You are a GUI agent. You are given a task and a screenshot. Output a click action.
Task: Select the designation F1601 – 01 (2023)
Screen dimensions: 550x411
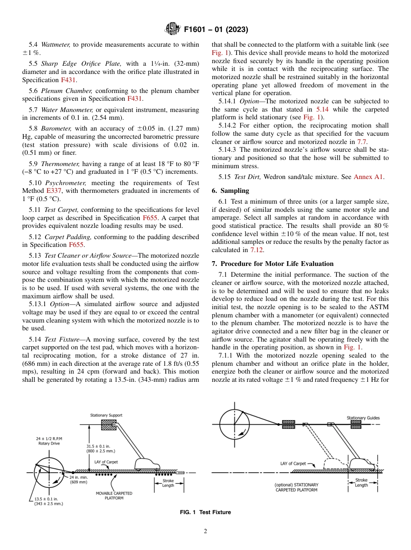click(215, 30)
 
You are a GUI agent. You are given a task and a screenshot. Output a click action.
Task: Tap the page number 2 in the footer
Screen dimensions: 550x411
click(205, 531)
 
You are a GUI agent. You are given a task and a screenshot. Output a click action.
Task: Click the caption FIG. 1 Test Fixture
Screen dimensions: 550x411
click(205, 512)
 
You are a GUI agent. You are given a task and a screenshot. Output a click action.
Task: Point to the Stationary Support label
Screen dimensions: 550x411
click(106, 415)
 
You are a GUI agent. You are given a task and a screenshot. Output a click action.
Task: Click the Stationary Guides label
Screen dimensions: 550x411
click(363, 418)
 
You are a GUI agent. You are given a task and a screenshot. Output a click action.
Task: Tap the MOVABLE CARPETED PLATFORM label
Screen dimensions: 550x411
click(114, 496)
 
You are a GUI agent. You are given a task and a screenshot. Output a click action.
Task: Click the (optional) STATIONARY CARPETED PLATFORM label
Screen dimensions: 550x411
click(296, 487)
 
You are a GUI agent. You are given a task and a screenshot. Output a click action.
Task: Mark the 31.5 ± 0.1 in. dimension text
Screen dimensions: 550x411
click(101, 448)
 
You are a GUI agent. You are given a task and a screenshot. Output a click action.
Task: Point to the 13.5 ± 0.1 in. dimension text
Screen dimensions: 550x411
click(48, 501)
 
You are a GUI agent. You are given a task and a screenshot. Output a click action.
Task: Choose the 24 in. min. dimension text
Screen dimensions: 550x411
click(79, 480)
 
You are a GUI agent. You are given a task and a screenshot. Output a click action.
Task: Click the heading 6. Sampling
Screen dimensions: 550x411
click(230, 191)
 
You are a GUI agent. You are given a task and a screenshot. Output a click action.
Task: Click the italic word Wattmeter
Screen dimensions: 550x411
click(56, 45)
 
